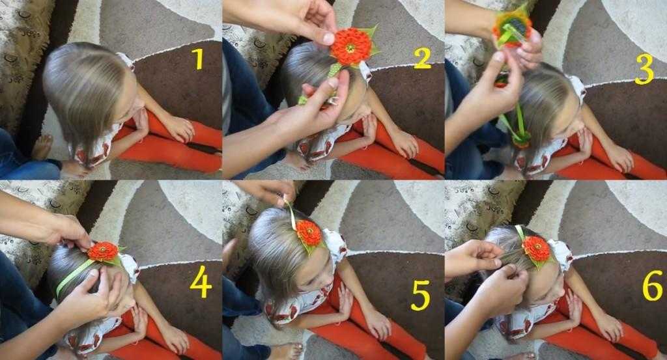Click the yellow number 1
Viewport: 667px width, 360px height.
click(x=197, y=59)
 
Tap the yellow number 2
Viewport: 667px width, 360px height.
click(x=422, y=58)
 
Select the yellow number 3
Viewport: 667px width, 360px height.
click(x=644, y=69)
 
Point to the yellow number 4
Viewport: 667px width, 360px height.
click(x=201, y=282)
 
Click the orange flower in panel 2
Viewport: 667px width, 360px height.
click(x=351, y=46)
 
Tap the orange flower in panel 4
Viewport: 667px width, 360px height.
click(x=103, y=252)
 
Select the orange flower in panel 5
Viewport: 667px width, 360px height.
click(x=309, y=233)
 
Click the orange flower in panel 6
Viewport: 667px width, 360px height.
click(x=537, y=249)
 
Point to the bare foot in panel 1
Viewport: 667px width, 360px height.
click(x=42, y=146)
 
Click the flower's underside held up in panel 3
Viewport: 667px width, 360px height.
click(x=512, y=27)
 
